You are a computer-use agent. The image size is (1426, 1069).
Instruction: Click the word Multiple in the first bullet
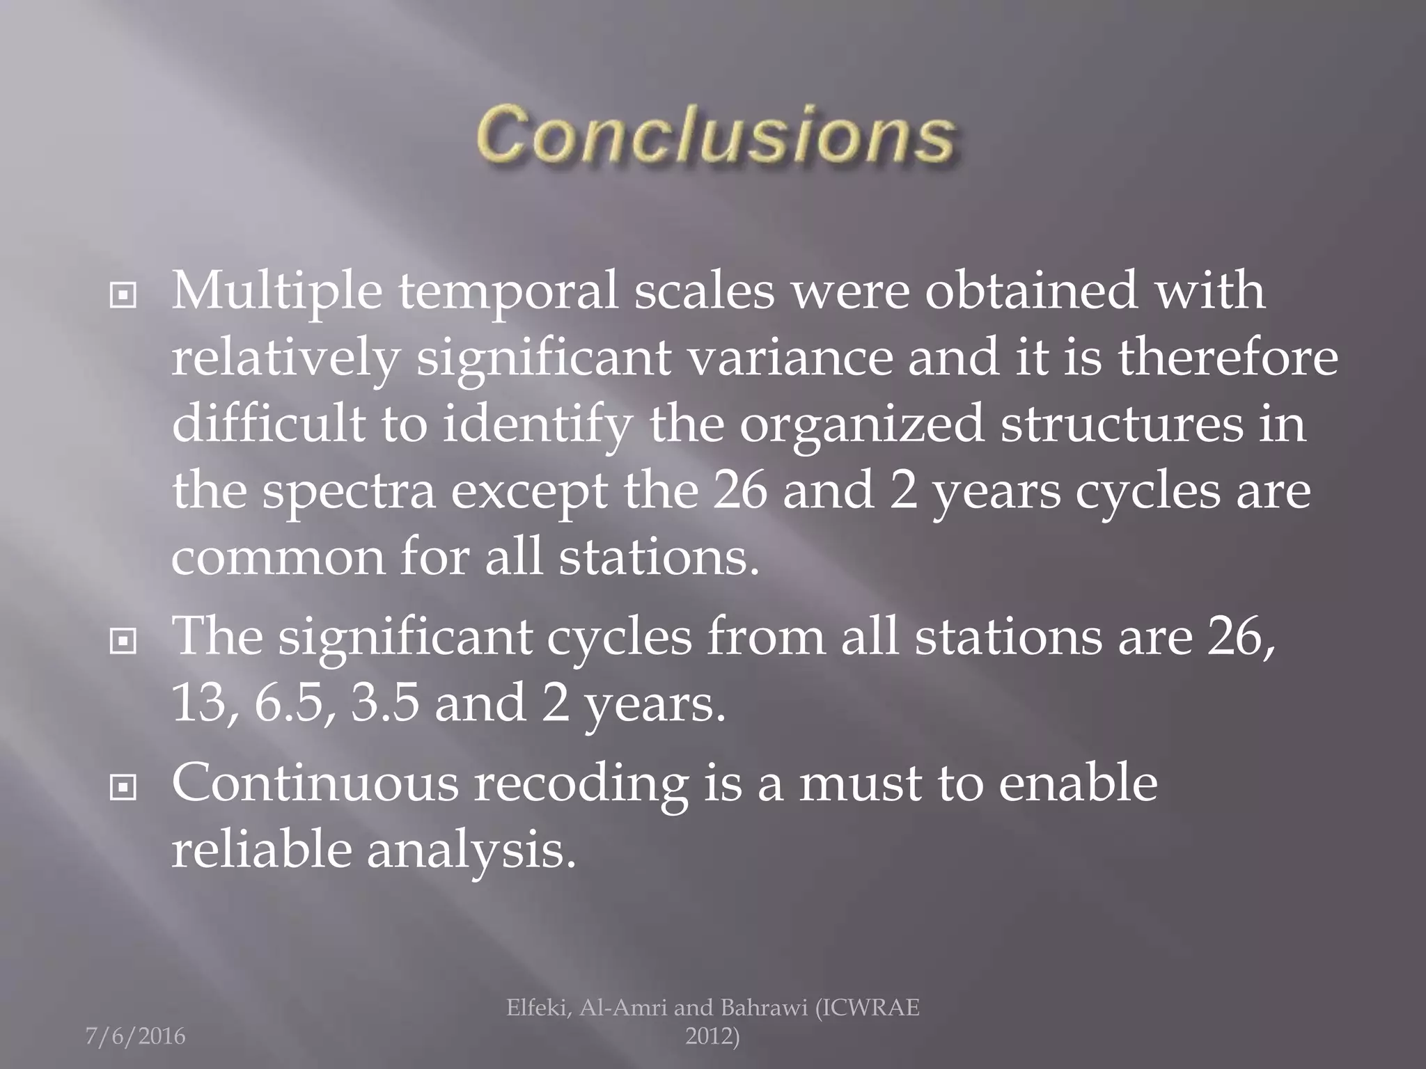click(276, 292)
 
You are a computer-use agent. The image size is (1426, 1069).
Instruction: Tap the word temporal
click(508, 292)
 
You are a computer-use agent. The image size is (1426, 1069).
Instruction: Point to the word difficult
click(268, 425)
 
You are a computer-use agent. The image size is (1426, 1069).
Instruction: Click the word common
click(278, 559)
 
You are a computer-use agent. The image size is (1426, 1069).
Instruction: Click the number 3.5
click(386, 704)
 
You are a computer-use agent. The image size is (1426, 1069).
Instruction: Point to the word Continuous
click(315, 783)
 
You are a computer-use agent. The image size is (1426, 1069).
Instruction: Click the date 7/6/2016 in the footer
click(135, 1036)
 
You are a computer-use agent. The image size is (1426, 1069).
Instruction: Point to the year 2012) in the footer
click(712, 1037)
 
